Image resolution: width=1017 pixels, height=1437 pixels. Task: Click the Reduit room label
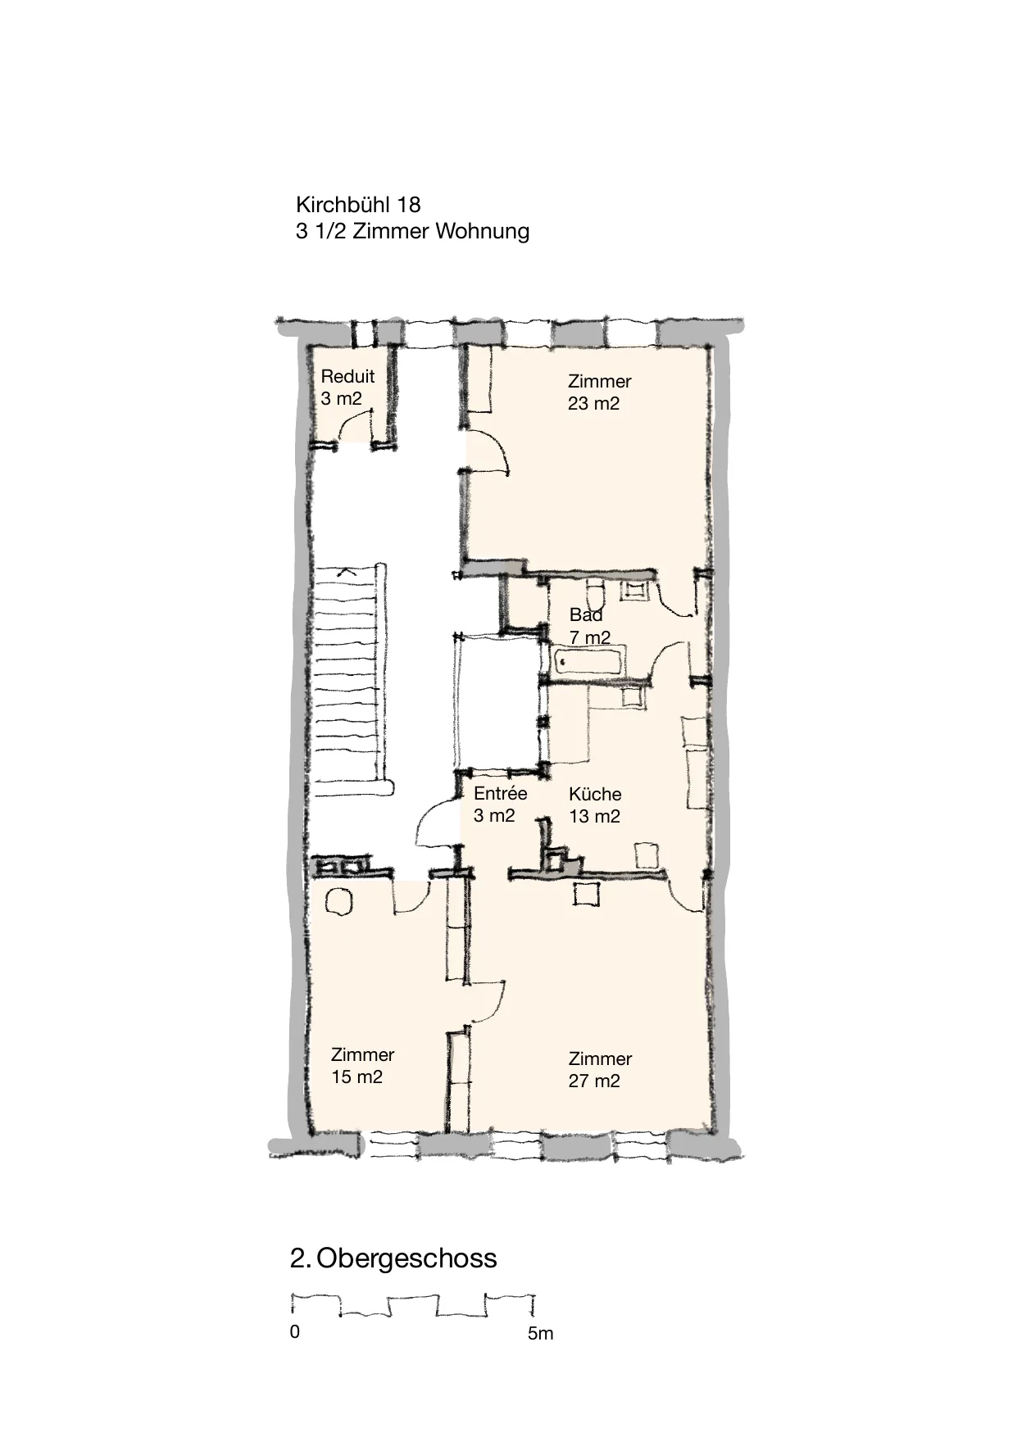coord(347,377)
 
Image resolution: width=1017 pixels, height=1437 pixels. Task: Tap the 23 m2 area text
coord(593,404)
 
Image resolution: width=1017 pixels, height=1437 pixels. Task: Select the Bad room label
coord(586,615)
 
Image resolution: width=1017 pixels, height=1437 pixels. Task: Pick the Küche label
coord(595,794)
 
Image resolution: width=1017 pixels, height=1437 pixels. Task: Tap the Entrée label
coord(501,793)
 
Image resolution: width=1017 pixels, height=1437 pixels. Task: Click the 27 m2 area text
coord(594,1081)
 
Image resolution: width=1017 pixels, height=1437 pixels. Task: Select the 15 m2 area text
coord(356,1077)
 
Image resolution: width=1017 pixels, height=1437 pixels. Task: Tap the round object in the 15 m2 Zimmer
coord(338,901)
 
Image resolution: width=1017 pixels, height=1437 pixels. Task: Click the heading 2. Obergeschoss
coord(393,1258)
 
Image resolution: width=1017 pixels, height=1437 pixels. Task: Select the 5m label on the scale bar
coord(541,1334)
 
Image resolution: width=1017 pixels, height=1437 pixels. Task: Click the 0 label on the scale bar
coord(295,1332)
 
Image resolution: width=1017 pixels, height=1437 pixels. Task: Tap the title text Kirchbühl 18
coord(358,204)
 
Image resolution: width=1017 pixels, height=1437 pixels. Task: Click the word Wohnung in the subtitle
coord(482,231)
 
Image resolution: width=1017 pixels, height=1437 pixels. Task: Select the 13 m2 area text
coord(594,817)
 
